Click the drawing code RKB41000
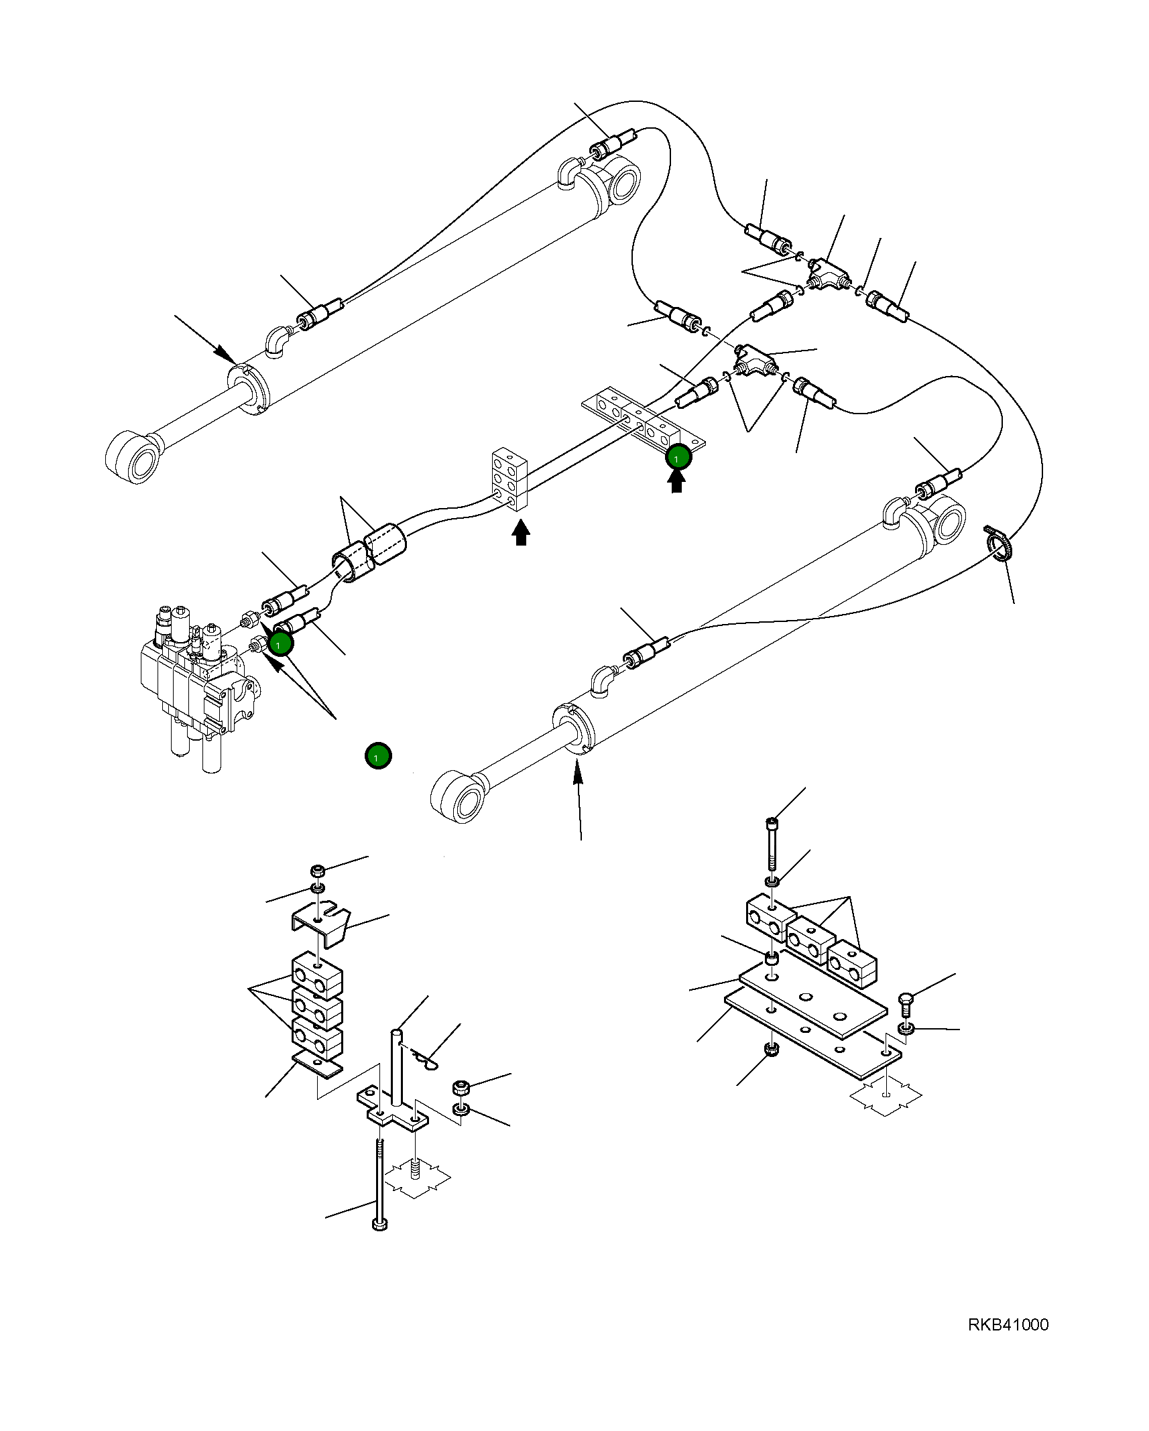click(x=1008, y=1324)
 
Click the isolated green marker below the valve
click(x=378, y=756)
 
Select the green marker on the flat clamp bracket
click(x=678, y=457)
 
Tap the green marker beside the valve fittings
click(x=280, y=643)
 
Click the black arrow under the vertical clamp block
click(x=520, y=534)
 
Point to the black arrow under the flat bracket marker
click(x=676, y=481)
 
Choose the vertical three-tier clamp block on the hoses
click(x=509, y=479)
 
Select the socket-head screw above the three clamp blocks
click(x=773, y=843)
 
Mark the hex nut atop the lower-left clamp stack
click(x=318, y=872)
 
